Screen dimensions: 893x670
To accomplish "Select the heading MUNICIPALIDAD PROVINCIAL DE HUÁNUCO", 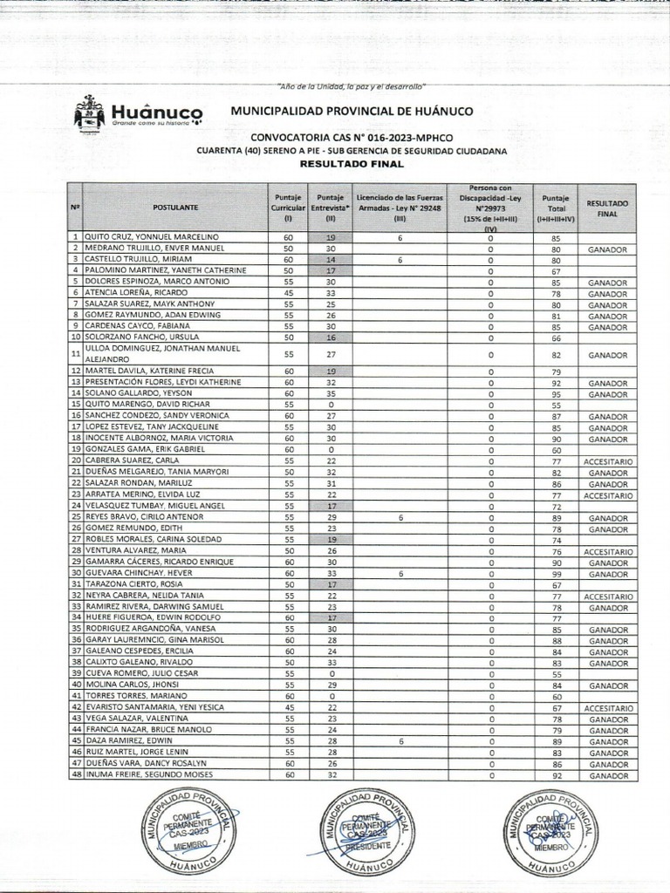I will pyautogui.click(x=351, y=112).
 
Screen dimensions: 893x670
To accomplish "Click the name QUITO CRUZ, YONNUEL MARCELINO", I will pyautogui.click(x=145, y=237).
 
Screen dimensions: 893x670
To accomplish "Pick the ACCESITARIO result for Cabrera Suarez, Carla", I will pyautogui.click(x=608, y=460).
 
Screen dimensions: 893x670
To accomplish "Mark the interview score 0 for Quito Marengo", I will pyautogui.click(x=331, y=405).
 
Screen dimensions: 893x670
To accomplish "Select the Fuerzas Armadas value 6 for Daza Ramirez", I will pyautogui.click(x=400, y=740).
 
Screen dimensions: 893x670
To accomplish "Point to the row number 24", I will pyautogui.click(x=76, y=506).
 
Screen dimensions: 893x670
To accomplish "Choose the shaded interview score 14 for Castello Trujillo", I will pyautogui.click(x=331, y=260).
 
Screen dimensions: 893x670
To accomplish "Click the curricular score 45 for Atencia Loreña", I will pyautogui.click(x=287, y=293).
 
